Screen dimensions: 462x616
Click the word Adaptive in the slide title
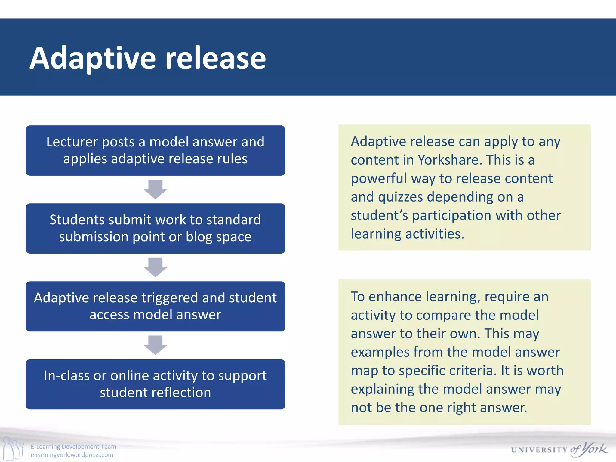click(93, 59)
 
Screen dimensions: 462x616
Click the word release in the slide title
click(215, 59)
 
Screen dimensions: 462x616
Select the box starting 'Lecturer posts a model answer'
click(155, 150)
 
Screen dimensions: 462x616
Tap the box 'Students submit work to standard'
click(155, 228)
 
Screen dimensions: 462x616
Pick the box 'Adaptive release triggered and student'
click(155, 306)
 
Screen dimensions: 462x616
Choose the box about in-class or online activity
click(155, 384)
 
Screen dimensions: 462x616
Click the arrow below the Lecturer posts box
click(155, 189)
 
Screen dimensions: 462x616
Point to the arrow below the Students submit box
click(155, 267)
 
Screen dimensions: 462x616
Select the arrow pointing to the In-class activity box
click(155, 345)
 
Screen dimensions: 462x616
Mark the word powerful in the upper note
click(379, 179)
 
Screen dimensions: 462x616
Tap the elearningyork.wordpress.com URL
click(72, 455)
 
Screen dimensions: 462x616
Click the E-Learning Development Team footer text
click(73, 447)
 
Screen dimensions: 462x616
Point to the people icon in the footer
click(13, 448)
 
